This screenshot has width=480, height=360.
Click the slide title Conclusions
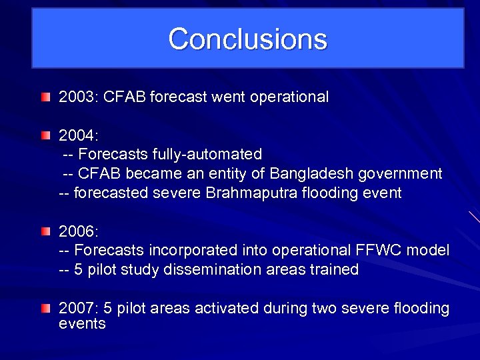[x=247, y=39]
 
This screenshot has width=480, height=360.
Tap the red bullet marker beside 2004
[x=45, y=136]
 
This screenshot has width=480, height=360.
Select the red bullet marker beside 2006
[x=45, y=232]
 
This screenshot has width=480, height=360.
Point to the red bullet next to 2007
[x=45, y=309]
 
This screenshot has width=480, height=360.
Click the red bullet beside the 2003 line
[x=45, y=97]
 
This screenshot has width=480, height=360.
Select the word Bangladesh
[x=311, y=174]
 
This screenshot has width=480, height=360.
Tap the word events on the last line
[x=82, y=324]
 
